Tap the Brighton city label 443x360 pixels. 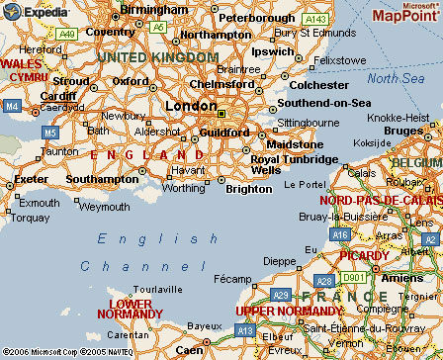click(248, 188)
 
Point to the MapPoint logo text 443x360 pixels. click(404, 16)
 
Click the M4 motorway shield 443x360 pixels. click(11, 104)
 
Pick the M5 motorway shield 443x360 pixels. click(49, 130)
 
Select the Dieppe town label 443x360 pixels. click(283, 261)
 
